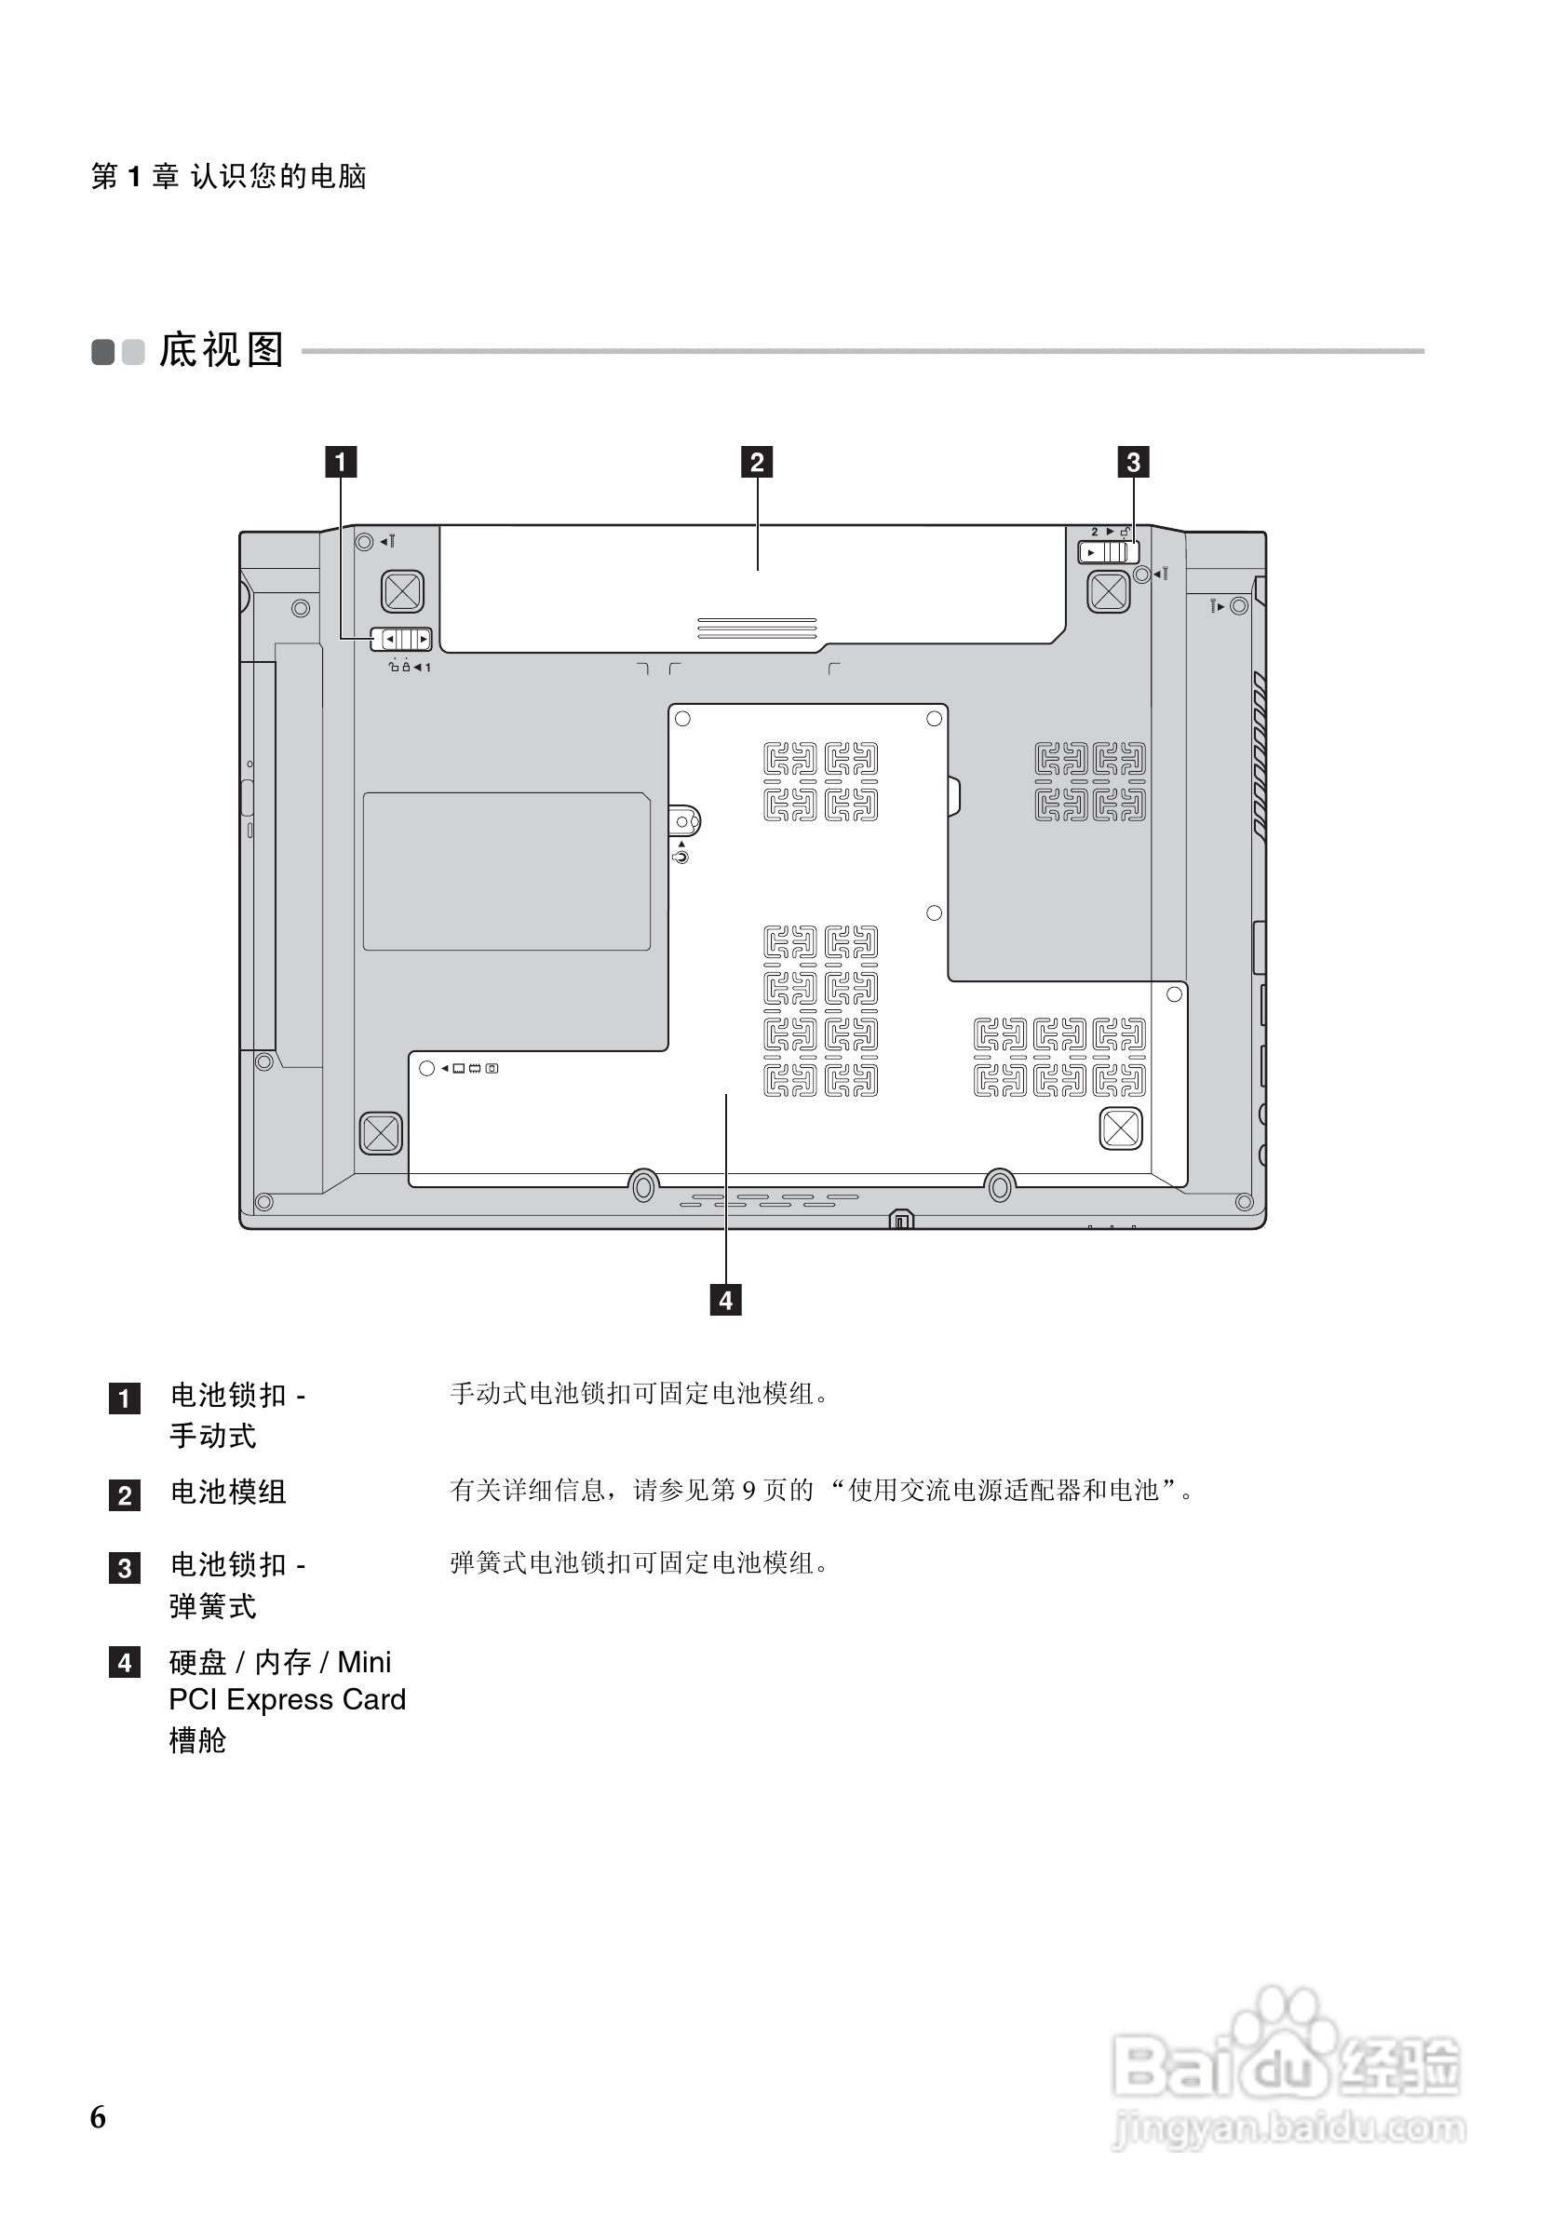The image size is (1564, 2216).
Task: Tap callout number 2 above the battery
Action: [758, 463]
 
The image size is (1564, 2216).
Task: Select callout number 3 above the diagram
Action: [1133, 463]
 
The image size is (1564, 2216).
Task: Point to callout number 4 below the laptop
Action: [725, 1300]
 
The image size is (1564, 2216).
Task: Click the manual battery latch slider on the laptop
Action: [402, 639]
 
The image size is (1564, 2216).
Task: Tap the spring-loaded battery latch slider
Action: [1108, 552]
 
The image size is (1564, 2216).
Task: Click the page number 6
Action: [99, 2116]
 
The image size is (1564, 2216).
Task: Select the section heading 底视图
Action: [222, 350]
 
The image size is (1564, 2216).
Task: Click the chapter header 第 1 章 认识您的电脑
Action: [229, 176]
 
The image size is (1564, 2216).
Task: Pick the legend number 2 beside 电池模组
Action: [125, 1495]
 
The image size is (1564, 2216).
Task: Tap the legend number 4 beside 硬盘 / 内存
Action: [125, 1662]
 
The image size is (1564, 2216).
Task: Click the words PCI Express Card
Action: [288, 1699]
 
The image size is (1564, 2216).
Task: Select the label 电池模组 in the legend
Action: [229, 1493]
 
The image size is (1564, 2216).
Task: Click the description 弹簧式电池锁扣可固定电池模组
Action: [639, 1563]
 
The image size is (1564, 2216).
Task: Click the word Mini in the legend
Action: [365, 1662]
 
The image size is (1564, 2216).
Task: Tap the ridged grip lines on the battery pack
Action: [757, 628]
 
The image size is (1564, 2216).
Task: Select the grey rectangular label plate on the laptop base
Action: [506, 871]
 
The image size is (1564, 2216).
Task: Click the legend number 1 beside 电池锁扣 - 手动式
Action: [125, 1398]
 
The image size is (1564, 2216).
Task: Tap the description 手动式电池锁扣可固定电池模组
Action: [639, 1394]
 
